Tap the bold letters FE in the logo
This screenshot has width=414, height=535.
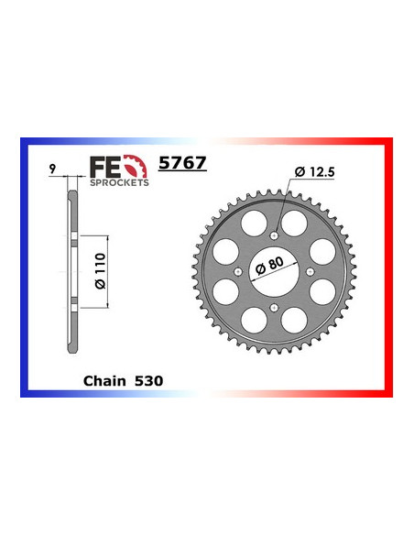[103, 166]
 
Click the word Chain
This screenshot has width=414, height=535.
[103, 377]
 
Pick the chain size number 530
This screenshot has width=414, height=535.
[151, 377]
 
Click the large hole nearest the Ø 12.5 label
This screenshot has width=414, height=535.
[295, 224]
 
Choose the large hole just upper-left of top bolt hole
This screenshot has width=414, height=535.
[255, 224]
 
